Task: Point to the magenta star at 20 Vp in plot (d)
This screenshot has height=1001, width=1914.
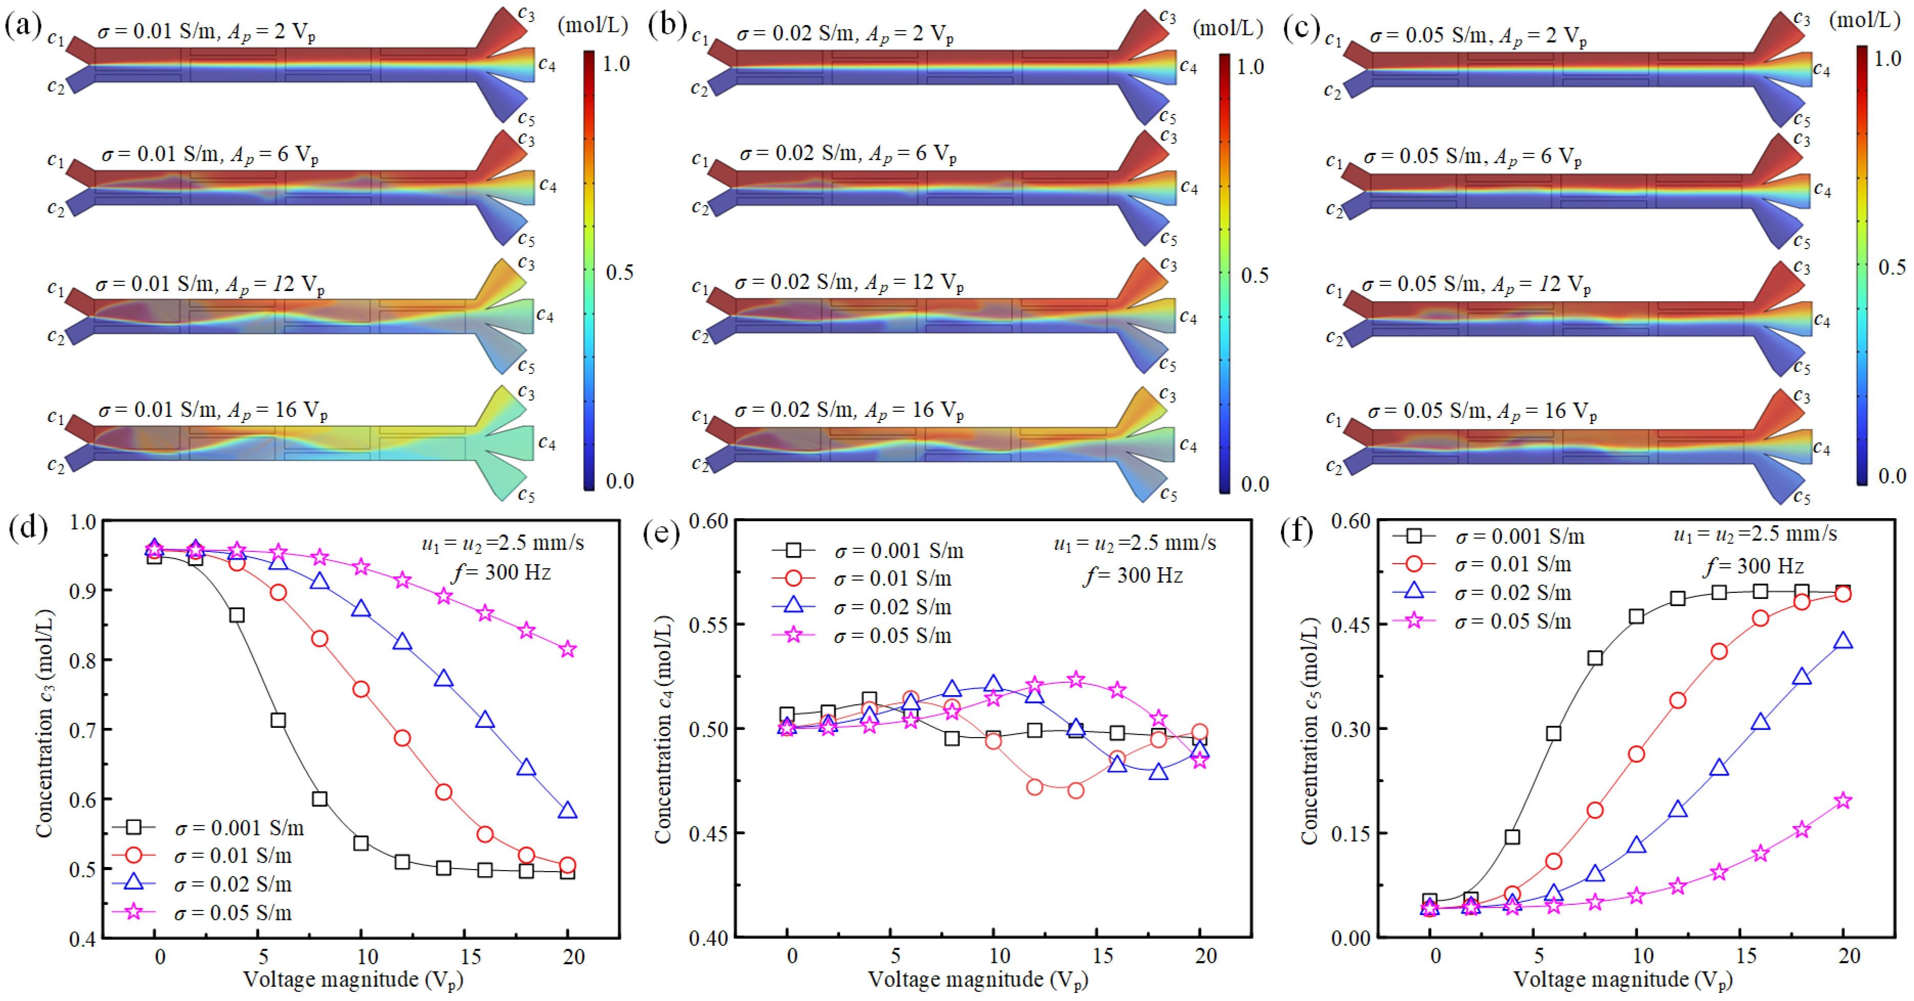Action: tap(568, 650)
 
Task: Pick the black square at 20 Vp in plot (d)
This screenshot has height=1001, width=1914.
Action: tap(568, 872)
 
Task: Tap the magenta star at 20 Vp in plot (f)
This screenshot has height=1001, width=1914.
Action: tap(1843, 800)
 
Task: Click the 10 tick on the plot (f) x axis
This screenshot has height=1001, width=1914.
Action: tap(1642, 956)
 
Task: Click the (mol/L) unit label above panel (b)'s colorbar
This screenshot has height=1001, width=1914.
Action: tap(1228, 28)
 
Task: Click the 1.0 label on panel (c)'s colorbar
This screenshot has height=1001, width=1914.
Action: tap(1887, 59)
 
